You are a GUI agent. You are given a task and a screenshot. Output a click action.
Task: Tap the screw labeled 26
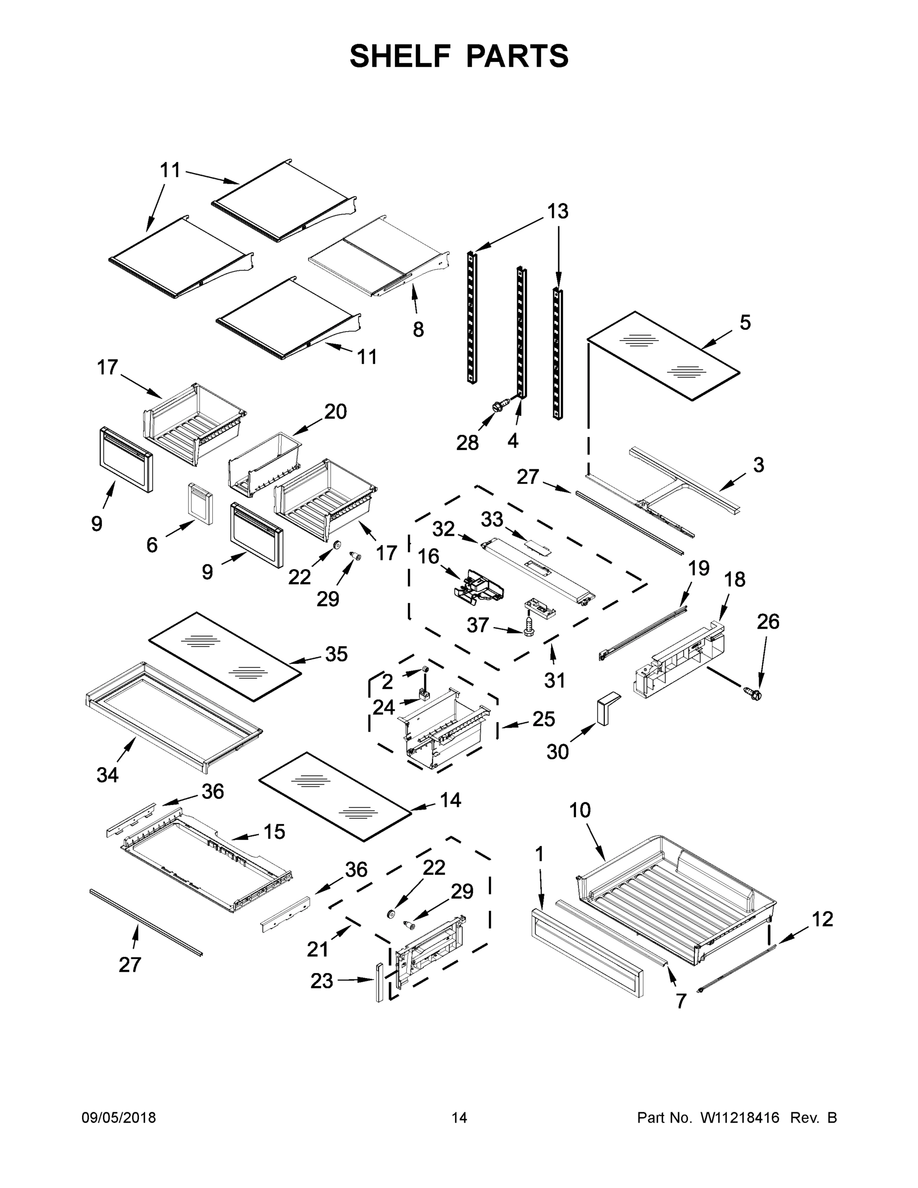pos(753,693)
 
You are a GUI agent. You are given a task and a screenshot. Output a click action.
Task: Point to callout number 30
pos(557,752)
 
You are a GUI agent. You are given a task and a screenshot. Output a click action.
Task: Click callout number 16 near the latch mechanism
pos(429,556)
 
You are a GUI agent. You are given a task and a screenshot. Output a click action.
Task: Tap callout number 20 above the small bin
pos(335,412)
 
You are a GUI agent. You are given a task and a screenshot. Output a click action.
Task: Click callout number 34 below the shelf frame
pos(107,775)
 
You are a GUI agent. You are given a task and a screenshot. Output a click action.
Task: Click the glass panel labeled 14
pos(335,796)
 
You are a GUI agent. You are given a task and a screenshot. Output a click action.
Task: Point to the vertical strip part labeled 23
pos(379,982)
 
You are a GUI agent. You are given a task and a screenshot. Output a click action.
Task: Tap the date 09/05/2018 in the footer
pos(119,1118)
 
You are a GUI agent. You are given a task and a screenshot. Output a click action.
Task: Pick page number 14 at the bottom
pos(459,1118)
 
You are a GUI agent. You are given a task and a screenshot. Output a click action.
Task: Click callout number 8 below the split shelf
pos(418,330)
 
